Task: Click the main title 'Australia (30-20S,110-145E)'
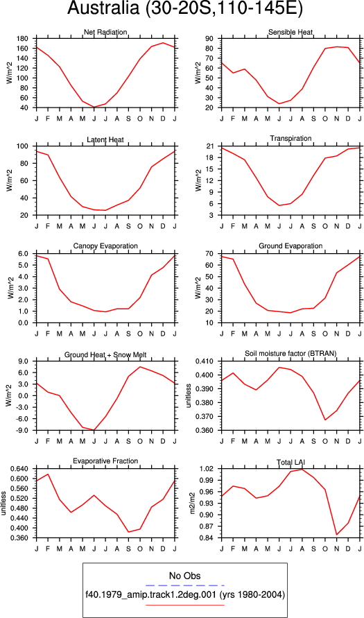click(x=184, y=10)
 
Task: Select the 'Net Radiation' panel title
click(x=105, y=32)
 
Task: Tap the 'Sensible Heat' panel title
click(x=291, y=32)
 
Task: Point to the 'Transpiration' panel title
click(x=291, y=138)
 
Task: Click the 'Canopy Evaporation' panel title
click(x=105, y=246)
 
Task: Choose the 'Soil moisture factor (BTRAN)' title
click(x=291, y=354)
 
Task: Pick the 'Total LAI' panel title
click(x=291, y=461)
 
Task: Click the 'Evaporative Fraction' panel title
click(x=105, y=461)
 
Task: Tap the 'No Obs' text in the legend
click(x=184, y=575)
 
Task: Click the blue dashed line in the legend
click(x=184, y=585)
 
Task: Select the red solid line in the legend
click(x=184, y=605)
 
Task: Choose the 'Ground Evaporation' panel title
click(x=291, y=246)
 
